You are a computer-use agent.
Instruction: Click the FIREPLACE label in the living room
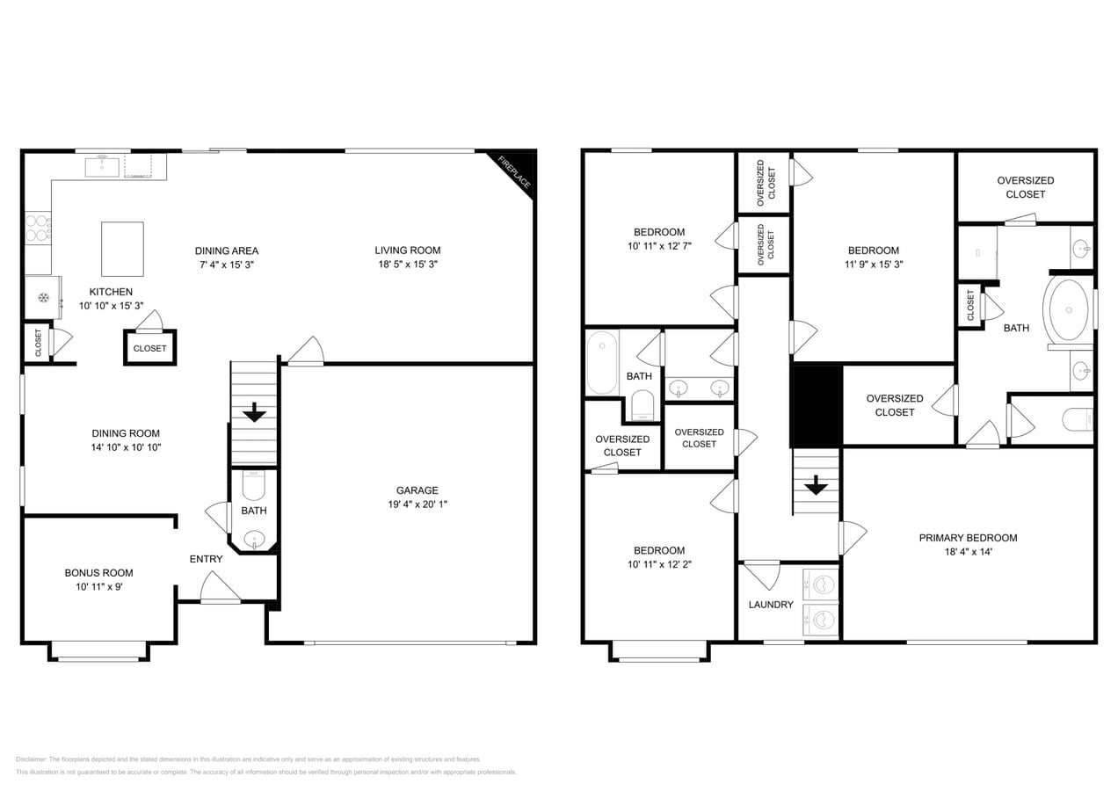click(514, 172)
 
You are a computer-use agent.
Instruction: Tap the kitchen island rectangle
click(122, 249)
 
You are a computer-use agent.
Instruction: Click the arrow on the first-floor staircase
click(255, 411)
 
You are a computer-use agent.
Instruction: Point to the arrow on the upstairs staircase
click(817, 484)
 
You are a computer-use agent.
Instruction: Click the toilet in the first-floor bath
click(253, 483)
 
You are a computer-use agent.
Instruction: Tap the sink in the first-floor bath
click(254, 538)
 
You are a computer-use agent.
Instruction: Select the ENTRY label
click(207, 559)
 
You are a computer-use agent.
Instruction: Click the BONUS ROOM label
click(98, 573)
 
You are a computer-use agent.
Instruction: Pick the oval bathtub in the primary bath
click(1067, 309)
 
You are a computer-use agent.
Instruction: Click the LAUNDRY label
click(771, 605)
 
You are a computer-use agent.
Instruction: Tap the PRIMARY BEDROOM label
click(968, 538)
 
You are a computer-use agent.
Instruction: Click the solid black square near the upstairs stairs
click(817, 405)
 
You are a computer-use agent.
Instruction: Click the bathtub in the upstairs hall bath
click(602, 362)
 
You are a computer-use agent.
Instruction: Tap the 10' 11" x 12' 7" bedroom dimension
click(659, 246)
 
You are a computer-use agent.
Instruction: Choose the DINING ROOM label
click(126, 433)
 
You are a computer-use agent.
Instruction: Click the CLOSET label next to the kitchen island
click(149, 348)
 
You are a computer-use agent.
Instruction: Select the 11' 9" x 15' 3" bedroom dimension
click(873, 264)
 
